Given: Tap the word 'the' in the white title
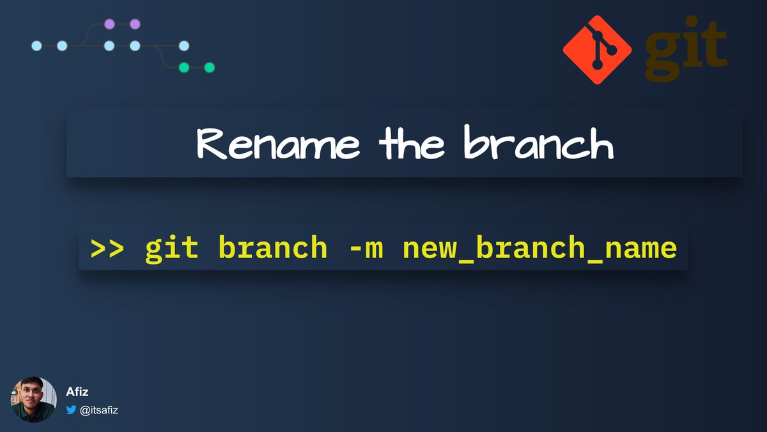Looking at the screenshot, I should pyautogui.click(x=412, y=144).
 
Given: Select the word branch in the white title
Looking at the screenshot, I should pyautogui.click(x=538, y=144).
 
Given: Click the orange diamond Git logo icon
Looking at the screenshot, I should pyautogui.click(x=597, y=50).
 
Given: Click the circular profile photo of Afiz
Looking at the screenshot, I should pyautogui.click(x=34, y=399).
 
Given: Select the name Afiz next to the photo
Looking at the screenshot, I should pyautogui.click(x=77, y=392).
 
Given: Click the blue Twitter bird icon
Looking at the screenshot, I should pyautogui.click(x=72, y=410).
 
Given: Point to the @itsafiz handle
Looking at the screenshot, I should pyautogui.click(x=99, y=410).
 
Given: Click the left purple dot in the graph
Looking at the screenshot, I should pyautogui.click(x=109, y=24).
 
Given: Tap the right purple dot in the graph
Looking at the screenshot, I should pyautogui.click(x=135, y=24).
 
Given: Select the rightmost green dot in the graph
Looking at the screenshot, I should pyautogui.click(x=209, y=67).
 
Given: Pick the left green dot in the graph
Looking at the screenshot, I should pyautogui.click(x=184, y=67).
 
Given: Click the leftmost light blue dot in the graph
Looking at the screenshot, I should pyautogui.click(x=36, y=45).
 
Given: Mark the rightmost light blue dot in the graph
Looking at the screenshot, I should pyautogui.click(x=184, y=45).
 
